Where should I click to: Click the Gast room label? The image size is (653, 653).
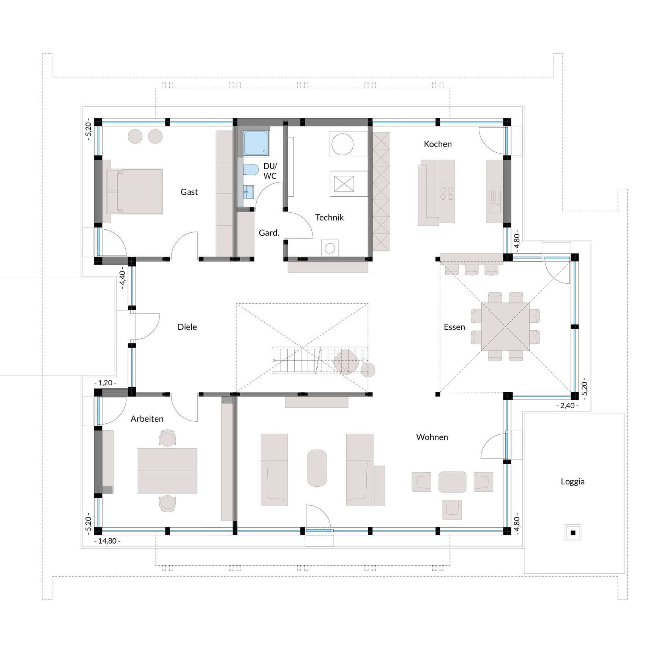[x=189, y=192]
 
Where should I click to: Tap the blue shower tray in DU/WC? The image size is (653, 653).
[x=256, y=143]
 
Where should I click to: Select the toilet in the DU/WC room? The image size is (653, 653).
[x=251, y=170]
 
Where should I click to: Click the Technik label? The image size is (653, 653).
[x=329, y=218]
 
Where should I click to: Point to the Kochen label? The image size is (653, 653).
[x=437, y=144]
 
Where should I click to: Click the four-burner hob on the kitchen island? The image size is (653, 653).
[x=446, y=193]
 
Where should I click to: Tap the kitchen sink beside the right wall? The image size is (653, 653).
[x=494, y=208]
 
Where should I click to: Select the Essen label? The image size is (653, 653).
[x=454, y=327]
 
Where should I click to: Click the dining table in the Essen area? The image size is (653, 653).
[x=505, y=326]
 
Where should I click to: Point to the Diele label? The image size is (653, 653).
[x=187, y=327]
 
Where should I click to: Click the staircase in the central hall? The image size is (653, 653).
[x=296, y=360]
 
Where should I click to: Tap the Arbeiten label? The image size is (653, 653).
[x=147, y=419]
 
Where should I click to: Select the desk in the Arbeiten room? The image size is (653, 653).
[x=167, y=471]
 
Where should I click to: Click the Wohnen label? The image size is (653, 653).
[x=432, y=437]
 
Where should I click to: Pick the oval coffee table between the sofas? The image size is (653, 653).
[x=317, y=468]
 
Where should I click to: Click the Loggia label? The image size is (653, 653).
[x=573, y=482]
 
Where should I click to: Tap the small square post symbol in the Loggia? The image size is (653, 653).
[x=573, y=533]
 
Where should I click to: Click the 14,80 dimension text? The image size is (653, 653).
[x=107, y=541]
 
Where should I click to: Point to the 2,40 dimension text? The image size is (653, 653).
[x=567, y=406]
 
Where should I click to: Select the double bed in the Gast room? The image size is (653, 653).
[x=136, y=191]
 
